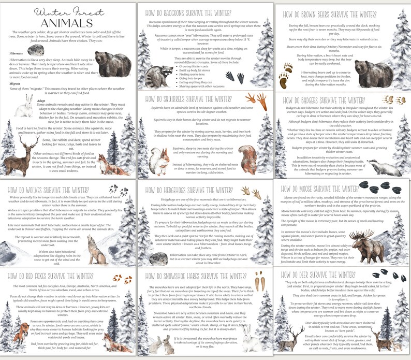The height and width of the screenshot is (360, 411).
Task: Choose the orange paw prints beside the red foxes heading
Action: [x=119, y=279]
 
